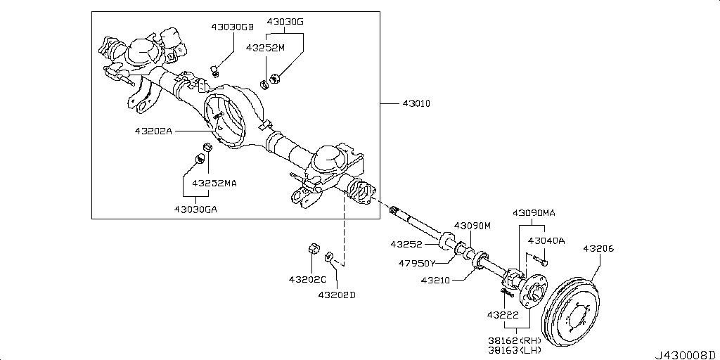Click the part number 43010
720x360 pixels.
[416, 104]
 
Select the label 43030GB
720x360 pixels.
[232, 27]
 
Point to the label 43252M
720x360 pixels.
[265, 47]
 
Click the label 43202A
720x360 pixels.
[153, 131]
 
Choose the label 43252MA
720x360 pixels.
[216, 183]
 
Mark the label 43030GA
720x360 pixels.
[196, 208]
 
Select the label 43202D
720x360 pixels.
[337, 295]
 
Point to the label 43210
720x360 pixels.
[435, 280]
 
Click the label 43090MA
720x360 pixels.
[534, 212]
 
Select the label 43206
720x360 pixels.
[599, 248]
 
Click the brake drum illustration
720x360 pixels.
[572, 310]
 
